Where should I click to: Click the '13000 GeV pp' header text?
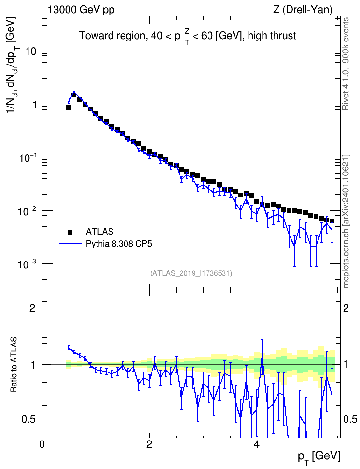[81, 10]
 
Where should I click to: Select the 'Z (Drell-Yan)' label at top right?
[303, 10]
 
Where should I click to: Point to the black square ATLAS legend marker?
[70, 232]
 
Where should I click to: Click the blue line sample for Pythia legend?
[70, 244]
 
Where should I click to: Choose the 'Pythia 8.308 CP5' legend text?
[119, 244]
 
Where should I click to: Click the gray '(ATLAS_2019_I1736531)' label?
[191, 273]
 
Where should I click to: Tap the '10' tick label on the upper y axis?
[30, 51]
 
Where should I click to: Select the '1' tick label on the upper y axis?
[33, 104]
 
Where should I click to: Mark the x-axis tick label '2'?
[149, 444]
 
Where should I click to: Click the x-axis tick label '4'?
[256, 444]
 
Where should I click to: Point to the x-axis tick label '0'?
[42, 444]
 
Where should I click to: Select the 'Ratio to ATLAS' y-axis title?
[14, 365]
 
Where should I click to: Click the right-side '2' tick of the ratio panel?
[346, 308]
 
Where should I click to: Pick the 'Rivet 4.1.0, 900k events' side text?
[346, 64]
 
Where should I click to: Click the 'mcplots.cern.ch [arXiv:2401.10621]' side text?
[346, 221]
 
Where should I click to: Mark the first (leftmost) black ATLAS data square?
[69, 108]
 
